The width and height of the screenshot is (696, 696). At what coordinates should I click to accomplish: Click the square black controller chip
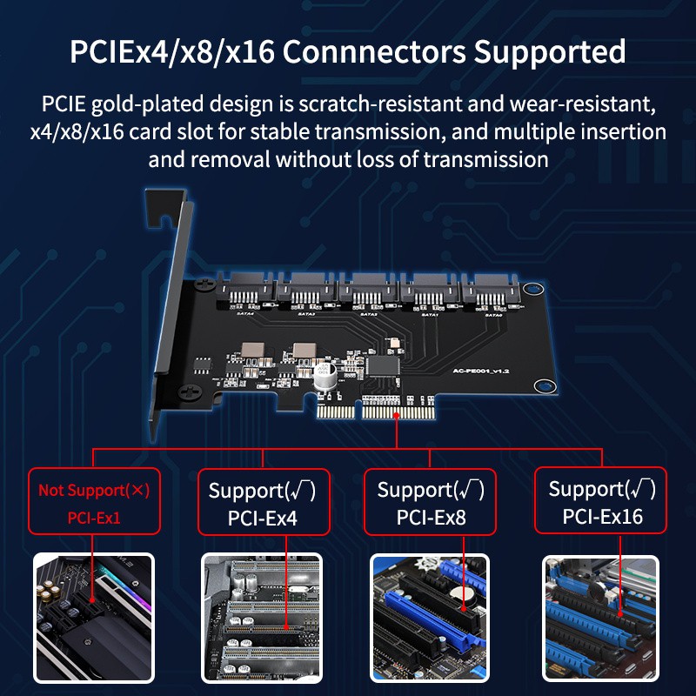[384, 365]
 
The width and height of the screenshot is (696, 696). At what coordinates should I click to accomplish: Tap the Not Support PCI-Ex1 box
[94, 502]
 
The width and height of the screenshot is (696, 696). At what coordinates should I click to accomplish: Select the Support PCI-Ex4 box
[263, 503]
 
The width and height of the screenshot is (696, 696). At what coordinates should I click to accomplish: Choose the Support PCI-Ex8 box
[431, 502]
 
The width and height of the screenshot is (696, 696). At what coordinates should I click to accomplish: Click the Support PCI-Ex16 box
[601, 501]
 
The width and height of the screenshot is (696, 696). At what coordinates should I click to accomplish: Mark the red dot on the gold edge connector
[397, 416]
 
